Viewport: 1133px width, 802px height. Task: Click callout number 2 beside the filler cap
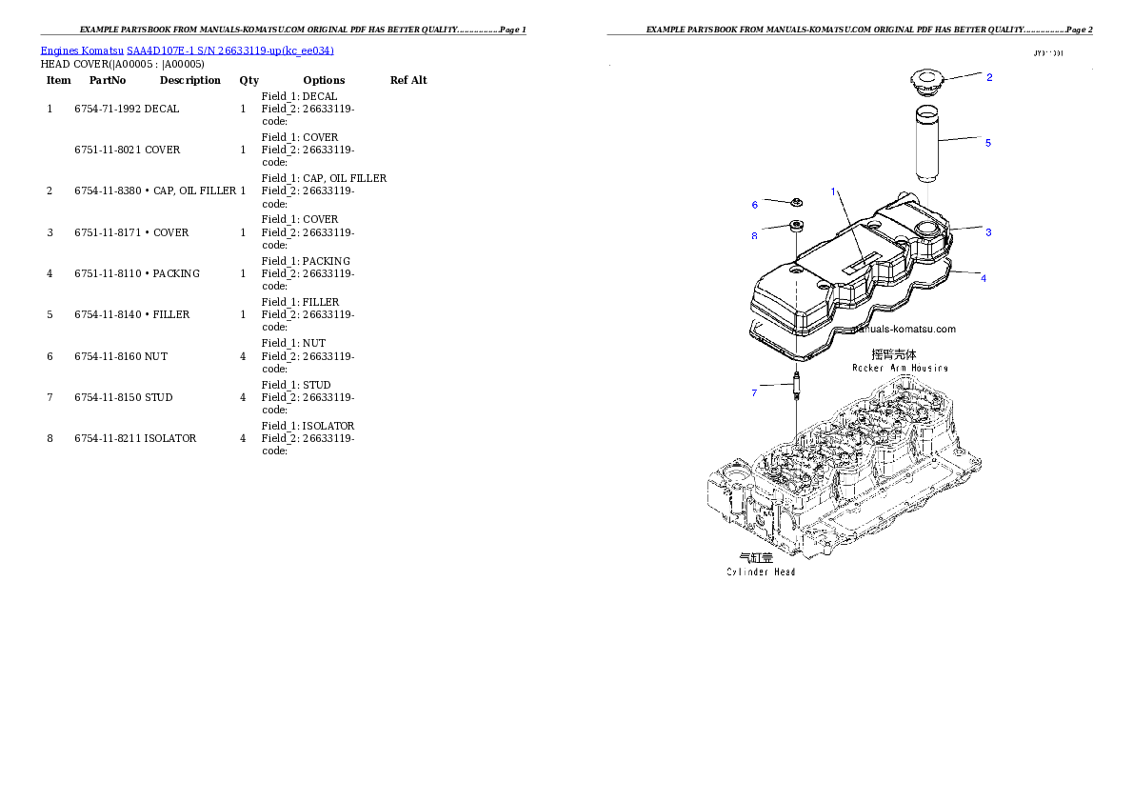(x=989, y=77)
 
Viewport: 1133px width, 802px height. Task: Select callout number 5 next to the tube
(x=988, y=143)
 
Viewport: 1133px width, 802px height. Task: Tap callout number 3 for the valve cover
(x=988, y=231)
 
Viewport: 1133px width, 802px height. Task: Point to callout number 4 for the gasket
(x=984, y=278)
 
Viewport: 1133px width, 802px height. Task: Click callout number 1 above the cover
(x=833, y=191)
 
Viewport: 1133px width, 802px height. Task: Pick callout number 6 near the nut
(x=755, y=205)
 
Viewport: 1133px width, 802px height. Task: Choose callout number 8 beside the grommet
(x=754, y=235)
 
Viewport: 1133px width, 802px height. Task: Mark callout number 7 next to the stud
(x=754, y=392)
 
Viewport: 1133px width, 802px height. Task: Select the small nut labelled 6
(x=796, y=203)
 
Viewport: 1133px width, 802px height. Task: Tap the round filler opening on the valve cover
(x=928, y=229)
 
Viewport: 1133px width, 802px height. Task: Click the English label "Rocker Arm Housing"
(x=900, y=368)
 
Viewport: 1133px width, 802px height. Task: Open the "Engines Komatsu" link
(x=187, y=50)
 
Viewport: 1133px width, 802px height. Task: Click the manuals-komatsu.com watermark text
(x=904, y=330)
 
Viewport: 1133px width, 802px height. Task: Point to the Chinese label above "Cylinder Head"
(x=757, y=558)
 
